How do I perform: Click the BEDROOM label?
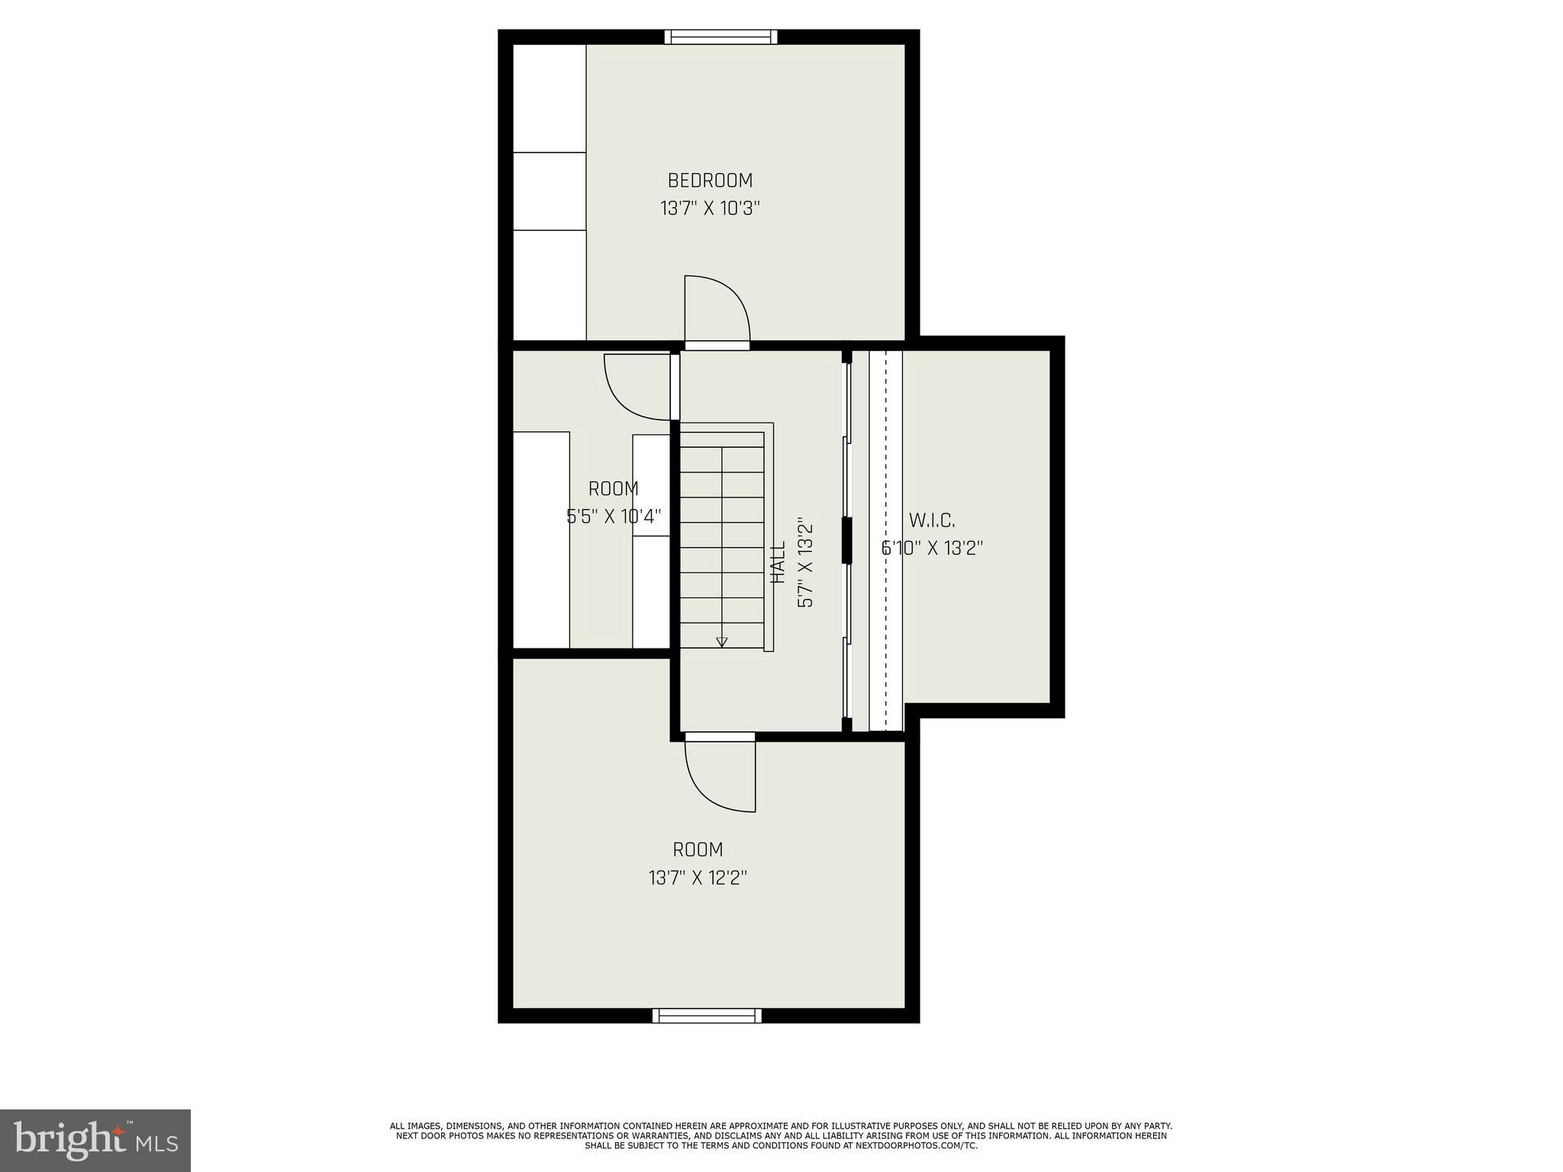(x=710, y=181)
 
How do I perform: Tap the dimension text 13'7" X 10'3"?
(x=710, y=208)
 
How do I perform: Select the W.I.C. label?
(x=932, y=520)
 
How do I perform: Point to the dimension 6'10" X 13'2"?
(x=932, y=548)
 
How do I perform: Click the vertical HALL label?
(x=778, y=562)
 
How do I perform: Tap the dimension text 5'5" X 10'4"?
(x=613, y=517)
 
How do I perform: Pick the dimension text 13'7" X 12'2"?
(x=698, y=877)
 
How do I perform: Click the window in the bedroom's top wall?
(x=720, y=37)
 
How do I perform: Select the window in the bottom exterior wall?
(x=707, y=1015)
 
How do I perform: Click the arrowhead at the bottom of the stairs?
(x=722, y=642)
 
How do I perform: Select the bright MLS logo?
(x=95, y=1140)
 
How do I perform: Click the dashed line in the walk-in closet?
(x=885, y=534)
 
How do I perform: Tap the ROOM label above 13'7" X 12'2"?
(x=698, y=849)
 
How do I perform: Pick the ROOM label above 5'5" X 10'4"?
(x=613, y=488)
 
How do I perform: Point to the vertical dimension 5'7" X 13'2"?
(x=805, y=562)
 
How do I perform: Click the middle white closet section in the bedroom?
(x=549, y=191)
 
